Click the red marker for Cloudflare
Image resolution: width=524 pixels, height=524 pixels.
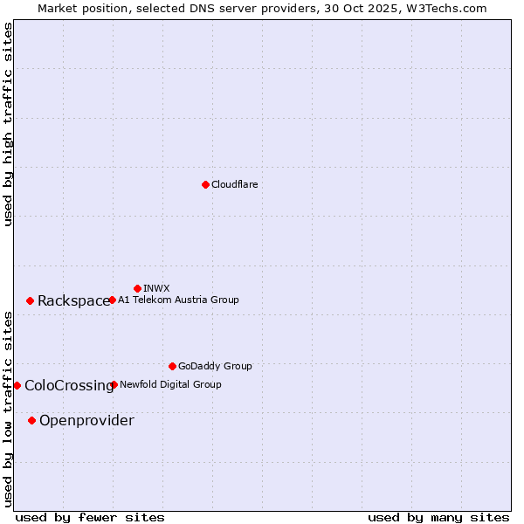pos(205,184)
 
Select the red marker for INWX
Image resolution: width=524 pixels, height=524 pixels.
pos(137,288)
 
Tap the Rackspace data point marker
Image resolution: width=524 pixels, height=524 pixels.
pos(30,300)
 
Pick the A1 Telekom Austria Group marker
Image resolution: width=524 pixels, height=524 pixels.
pos(112,300)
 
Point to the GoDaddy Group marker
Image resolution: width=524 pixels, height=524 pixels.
pos(172,366)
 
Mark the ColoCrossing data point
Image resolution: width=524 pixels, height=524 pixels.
pos(17,385)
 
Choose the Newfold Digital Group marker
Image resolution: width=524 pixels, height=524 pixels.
pos(114,384)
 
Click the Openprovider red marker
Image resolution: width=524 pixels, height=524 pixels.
pos(31,420)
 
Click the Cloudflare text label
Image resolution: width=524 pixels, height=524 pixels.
pos(234,184)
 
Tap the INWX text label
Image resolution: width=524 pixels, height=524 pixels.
pos(156,288)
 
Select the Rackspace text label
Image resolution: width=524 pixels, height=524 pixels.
pos(73,301)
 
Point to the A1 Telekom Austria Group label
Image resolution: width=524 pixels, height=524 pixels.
pos(178,300)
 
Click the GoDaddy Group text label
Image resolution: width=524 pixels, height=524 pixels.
pos(215,366)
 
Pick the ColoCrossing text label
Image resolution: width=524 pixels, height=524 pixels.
pos(69,386)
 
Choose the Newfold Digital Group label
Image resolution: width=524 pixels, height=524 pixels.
pos(170,384)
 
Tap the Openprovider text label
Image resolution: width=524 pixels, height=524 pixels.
pos(86,421)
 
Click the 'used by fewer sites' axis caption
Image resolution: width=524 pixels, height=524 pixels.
pos(90,517)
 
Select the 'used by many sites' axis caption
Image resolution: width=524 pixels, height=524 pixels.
pos(438,517)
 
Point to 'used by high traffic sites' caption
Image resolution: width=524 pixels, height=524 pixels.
pos(8,124)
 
